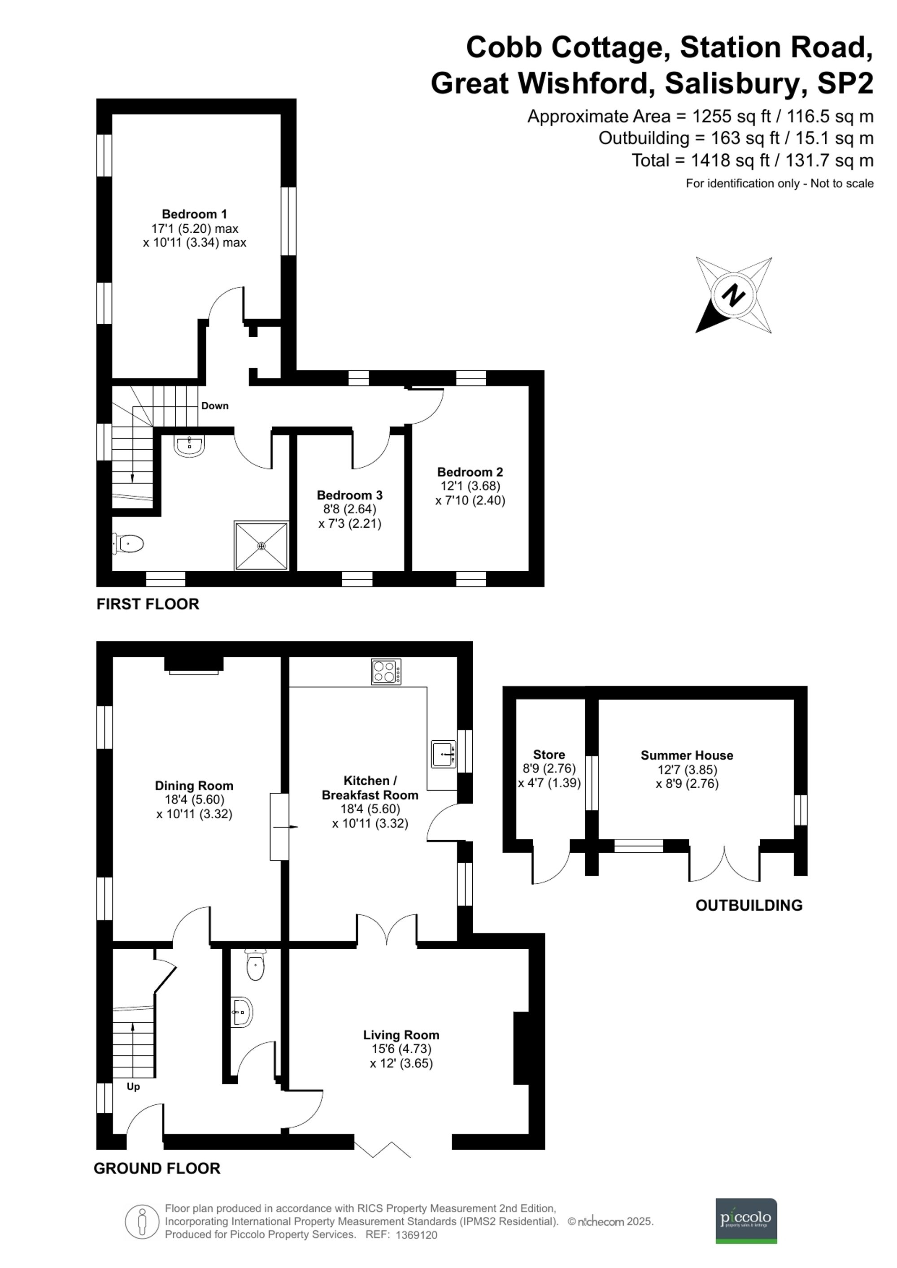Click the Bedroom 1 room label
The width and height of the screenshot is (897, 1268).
click(194, 214)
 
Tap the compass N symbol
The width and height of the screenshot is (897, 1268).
click(733, 295)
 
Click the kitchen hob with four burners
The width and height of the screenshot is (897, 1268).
click(386, 672)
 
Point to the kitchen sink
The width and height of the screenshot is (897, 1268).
click(444, 754)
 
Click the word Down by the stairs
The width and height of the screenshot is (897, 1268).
click(215, 406)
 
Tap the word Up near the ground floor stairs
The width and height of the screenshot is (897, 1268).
click(133, 1086)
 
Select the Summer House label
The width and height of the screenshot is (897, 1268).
click(687, 756)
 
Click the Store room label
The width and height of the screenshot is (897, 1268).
click(549, 755)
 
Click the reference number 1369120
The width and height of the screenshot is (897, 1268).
click(417, 1235)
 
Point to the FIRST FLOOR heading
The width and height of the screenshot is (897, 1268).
click(148, 604)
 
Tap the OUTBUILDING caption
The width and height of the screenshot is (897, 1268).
click(749, 906)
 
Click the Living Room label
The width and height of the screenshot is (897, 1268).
click(401, 1035)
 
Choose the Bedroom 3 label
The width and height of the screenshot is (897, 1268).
click(350, 495)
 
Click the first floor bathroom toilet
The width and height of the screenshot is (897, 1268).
click(129, 543)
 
